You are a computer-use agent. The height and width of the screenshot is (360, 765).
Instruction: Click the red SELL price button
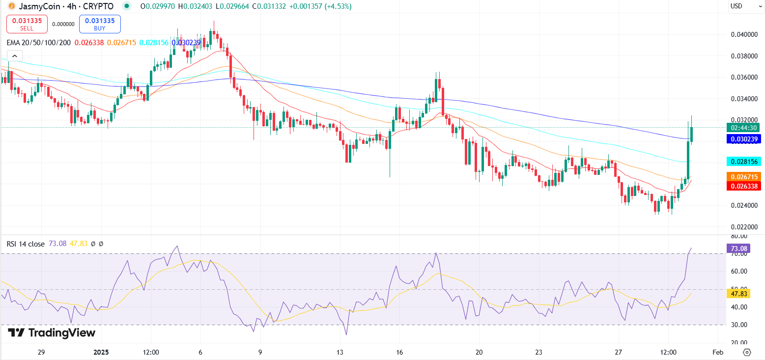coord(27,24)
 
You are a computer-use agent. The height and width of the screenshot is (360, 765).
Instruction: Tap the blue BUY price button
coord(100,24)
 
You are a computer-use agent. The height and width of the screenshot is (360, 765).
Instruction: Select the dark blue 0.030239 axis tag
coord(743,139)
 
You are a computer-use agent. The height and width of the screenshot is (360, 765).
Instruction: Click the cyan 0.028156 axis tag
coord(743,161)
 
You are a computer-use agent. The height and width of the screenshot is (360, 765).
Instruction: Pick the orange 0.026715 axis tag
coord(743,176)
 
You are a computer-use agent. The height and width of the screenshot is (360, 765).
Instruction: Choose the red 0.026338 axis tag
coord(743,186)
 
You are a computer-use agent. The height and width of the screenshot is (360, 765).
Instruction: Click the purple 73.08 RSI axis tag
coord(739,249)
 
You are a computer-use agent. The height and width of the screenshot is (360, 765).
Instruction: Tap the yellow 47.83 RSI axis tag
coord(739,293)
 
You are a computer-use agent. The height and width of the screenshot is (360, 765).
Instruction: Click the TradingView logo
coord(52,332)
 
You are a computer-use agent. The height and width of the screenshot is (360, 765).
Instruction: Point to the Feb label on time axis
coord(718,352)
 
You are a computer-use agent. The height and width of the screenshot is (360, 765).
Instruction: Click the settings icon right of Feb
coord(747,352)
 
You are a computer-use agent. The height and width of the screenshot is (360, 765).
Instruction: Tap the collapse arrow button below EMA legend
coord(14,55)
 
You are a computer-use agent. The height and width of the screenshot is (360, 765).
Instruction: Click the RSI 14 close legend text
coord(26,244)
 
